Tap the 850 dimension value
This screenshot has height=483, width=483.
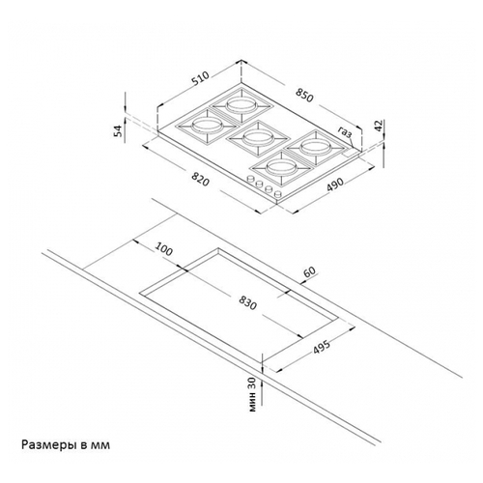pos(304,96)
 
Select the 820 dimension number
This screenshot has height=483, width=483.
pos(200,179)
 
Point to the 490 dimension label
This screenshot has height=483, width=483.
pos(335,184)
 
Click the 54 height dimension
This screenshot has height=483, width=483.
pos(120,130)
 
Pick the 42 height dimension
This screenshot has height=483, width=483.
pos(379,125)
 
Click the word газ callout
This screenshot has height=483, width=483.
pos(345,132)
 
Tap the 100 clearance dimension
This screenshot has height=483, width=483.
pos(164,249)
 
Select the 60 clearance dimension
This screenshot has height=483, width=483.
pos(309,272)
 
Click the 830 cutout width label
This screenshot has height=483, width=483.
pos(248,303)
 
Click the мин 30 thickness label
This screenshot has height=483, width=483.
pos(252,394)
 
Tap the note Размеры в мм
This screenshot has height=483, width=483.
pos(66,445)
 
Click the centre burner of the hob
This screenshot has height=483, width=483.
pos(257,138)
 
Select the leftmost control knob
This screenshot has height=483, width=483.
pos(250,179)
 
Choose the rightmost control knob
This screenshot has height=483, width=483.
pos(277,194)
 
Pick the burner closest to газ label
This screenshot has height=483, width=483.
pos(314,148)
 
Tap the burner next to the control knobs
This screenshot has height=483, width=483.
pos(281,167)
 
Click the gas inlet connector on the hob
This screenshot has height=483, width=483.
pos(351,153)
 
